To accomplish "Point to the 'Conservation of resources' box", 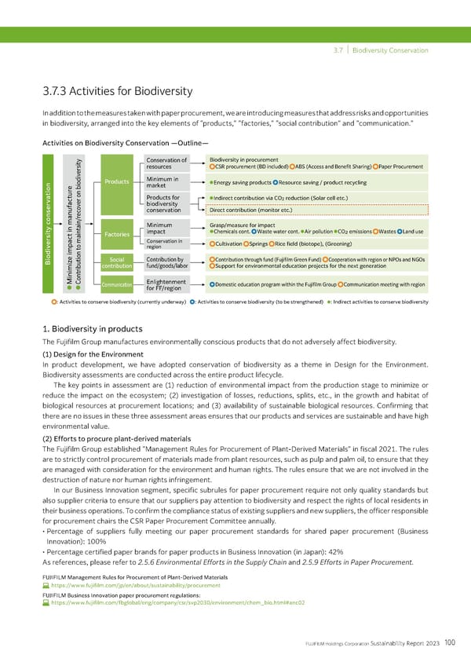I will (166, 164).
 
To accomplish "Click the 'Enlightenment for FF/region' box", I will (166, 285).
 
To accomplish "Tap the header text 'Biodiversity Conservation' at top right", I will (389, 53).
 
